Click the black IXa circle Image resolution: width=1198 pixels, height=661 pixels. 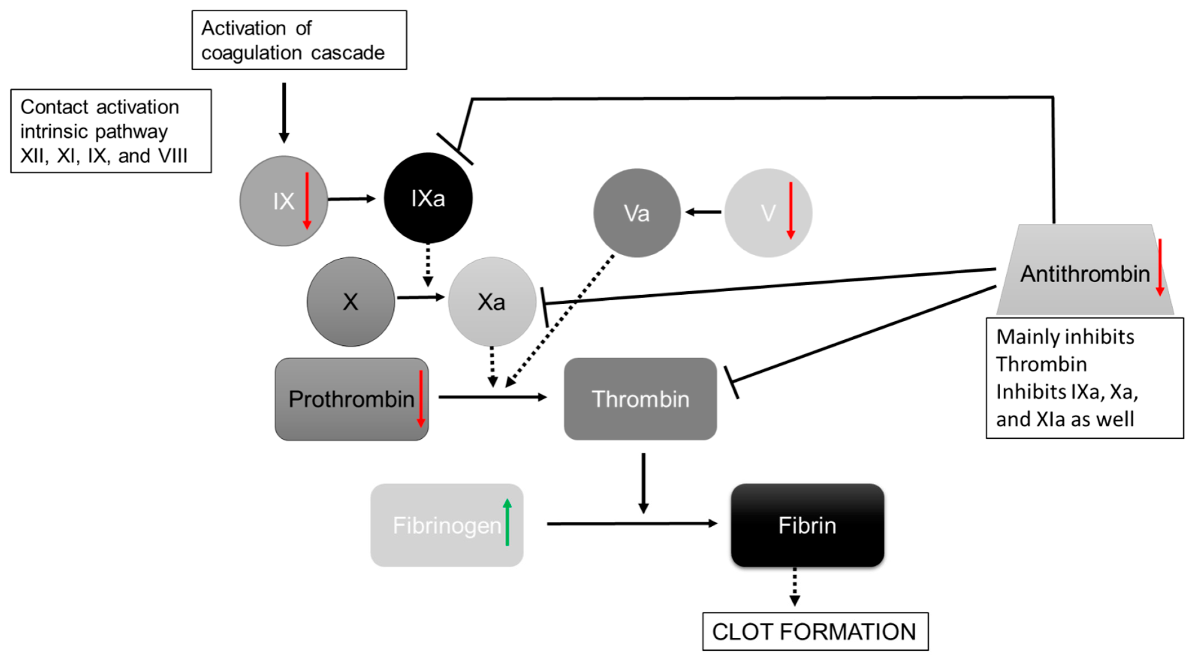coord(428,198)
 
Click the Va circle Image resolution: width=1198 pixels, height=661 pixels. coord(637,213)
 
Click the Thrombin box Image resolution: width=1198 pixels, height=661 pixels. coord(640,399)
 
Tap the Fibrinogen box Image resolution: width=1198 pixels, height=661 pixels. coord(446,525)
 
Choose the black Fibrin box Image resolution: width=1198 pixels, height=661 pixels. coord(807,525)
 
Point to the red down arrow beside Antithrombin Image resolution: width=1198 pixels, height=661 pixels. coord(1160,267)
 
